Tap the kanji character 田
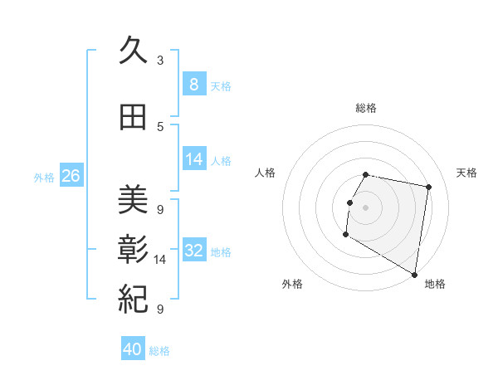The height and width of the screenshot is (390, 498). (133, 118)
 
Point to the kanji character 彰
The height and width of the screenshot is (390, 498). (133, 250)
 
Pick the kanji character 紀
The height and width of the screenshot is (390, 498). (133, 300)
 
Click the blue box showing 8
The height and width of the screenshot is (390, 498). (193, 85)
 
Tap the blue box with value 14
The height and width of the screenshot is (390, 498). (194, 159)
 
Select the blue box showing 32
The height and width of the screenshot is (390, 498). (194, 251)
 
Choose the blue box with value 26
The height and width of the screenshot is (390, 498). (71, 176)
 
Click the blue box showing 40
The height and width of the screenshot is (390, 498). (133, 349)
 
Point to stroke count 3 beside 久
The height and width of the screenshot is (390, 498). (159, 61)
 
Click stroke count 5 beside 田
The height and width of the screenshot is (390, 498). (159, 126)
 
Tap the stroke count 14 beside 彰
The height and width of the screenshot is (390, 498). (160, 260)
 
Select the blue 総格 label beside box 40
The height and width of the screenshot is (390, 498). (159, 351)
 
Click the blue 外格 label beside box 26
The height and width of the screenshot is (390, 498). (44, 178)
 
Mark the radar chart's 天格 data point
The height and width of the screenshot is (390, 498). (428, 188)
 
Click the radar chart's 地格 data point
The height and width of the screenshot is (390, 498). (415, 275)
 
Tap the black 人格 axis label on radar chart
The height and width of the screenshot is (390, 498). (266, 173)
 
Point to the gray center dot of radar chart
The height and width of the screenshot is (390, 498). (365, 207)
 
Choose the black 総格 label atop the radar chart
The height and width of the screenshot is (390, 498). (365, 108)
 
